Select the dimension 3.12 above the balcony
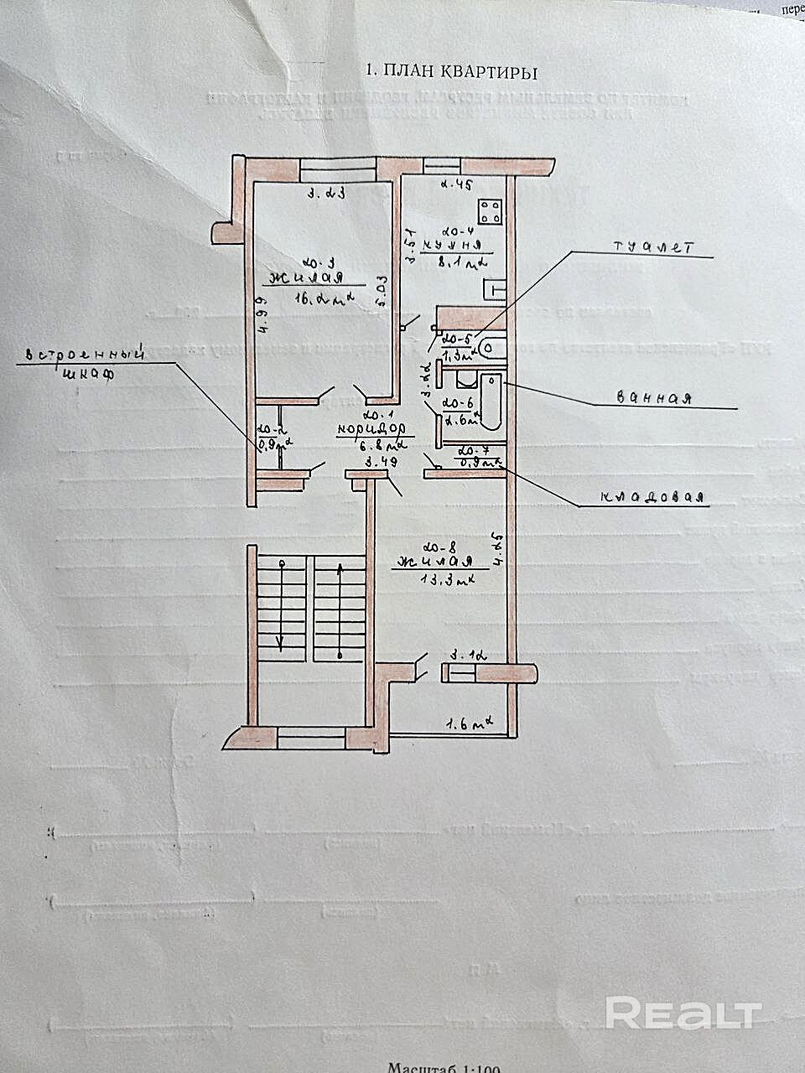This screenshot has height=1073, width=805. coord(470,656)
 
